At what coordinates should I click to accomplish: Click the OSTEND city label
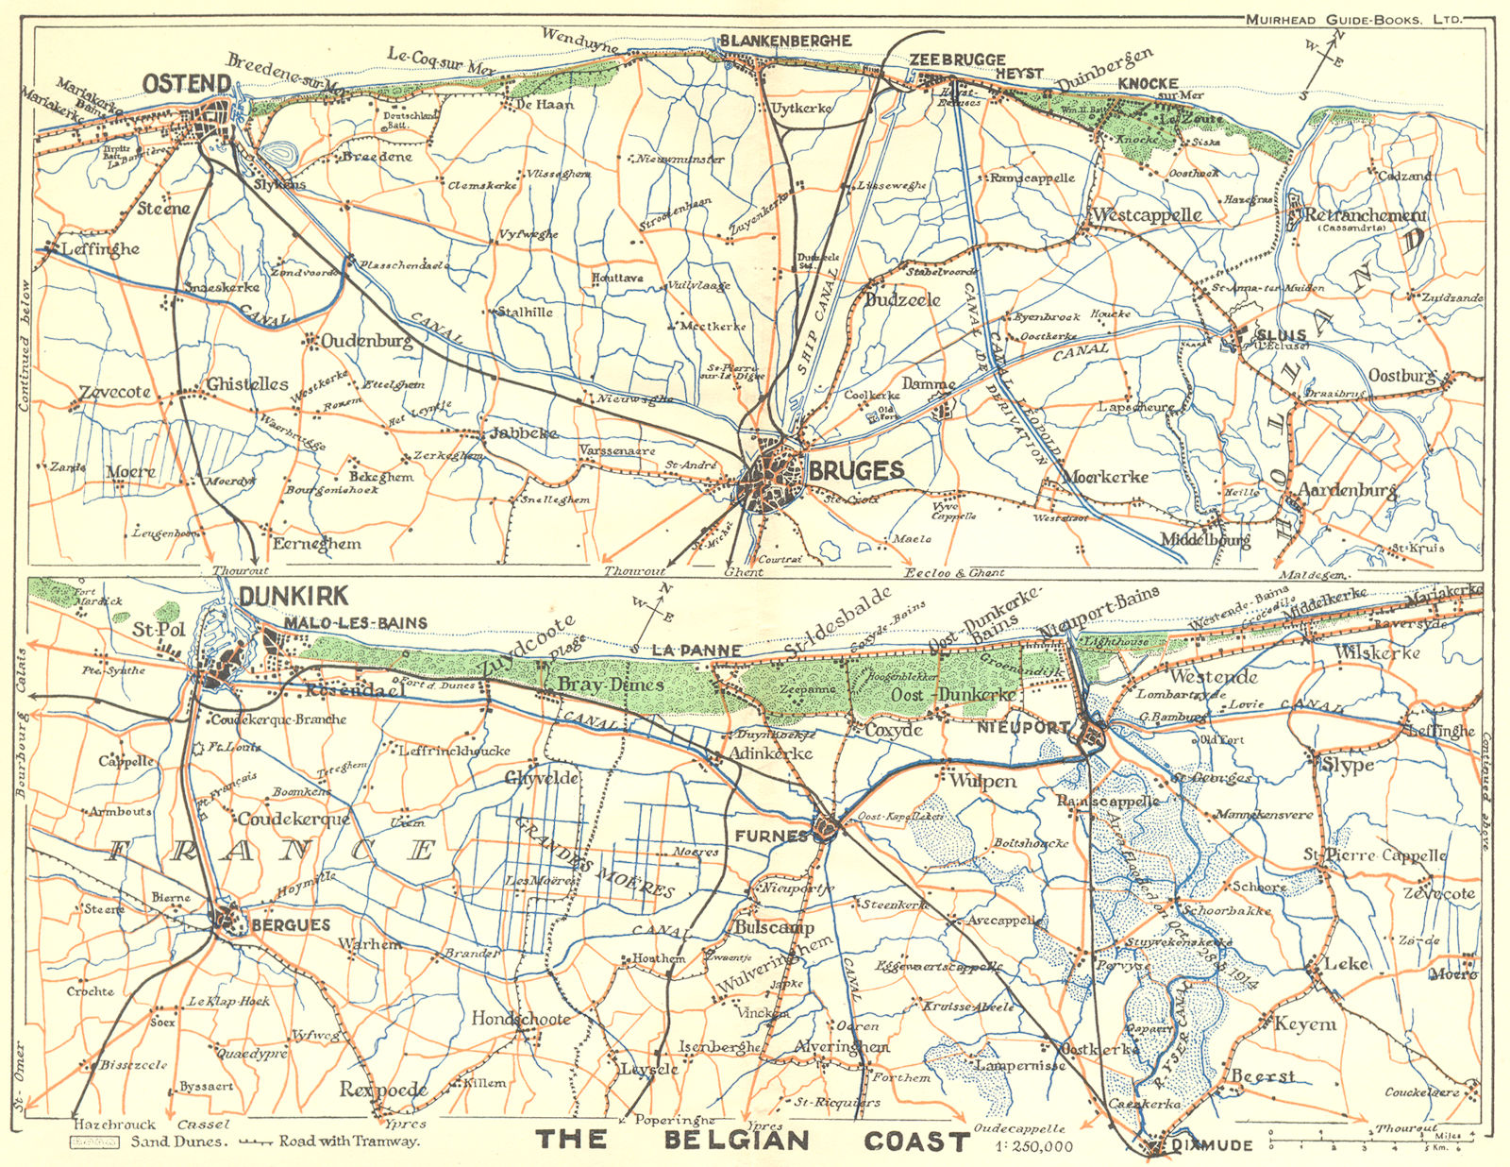pos(187,84)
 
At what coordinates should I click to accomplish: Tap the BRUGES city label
pos(856,470)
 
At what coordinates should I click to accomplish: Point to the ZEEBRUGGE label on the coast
pos(957,59)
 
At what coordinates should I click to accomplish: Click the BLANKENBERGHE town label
pos(785,41)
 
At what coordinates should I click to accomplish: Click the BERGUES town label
pos(291,925)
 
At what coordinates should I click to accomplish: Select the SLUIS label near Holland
pos(1280,334)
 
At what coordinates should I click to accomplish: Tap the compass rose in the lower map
pos(653,609)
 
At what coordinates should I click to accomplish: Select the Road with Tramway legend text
pos(348,1142)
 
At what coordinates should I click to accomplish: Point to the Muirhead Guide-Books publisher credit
pos(1354,18)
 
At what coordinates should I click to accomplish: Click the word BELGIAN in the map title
pos(736,1140)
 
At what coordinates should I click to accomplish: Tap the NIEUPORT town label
pos(1024,728)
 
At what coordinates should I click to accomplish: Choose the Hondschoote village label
pos(521,1019)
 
